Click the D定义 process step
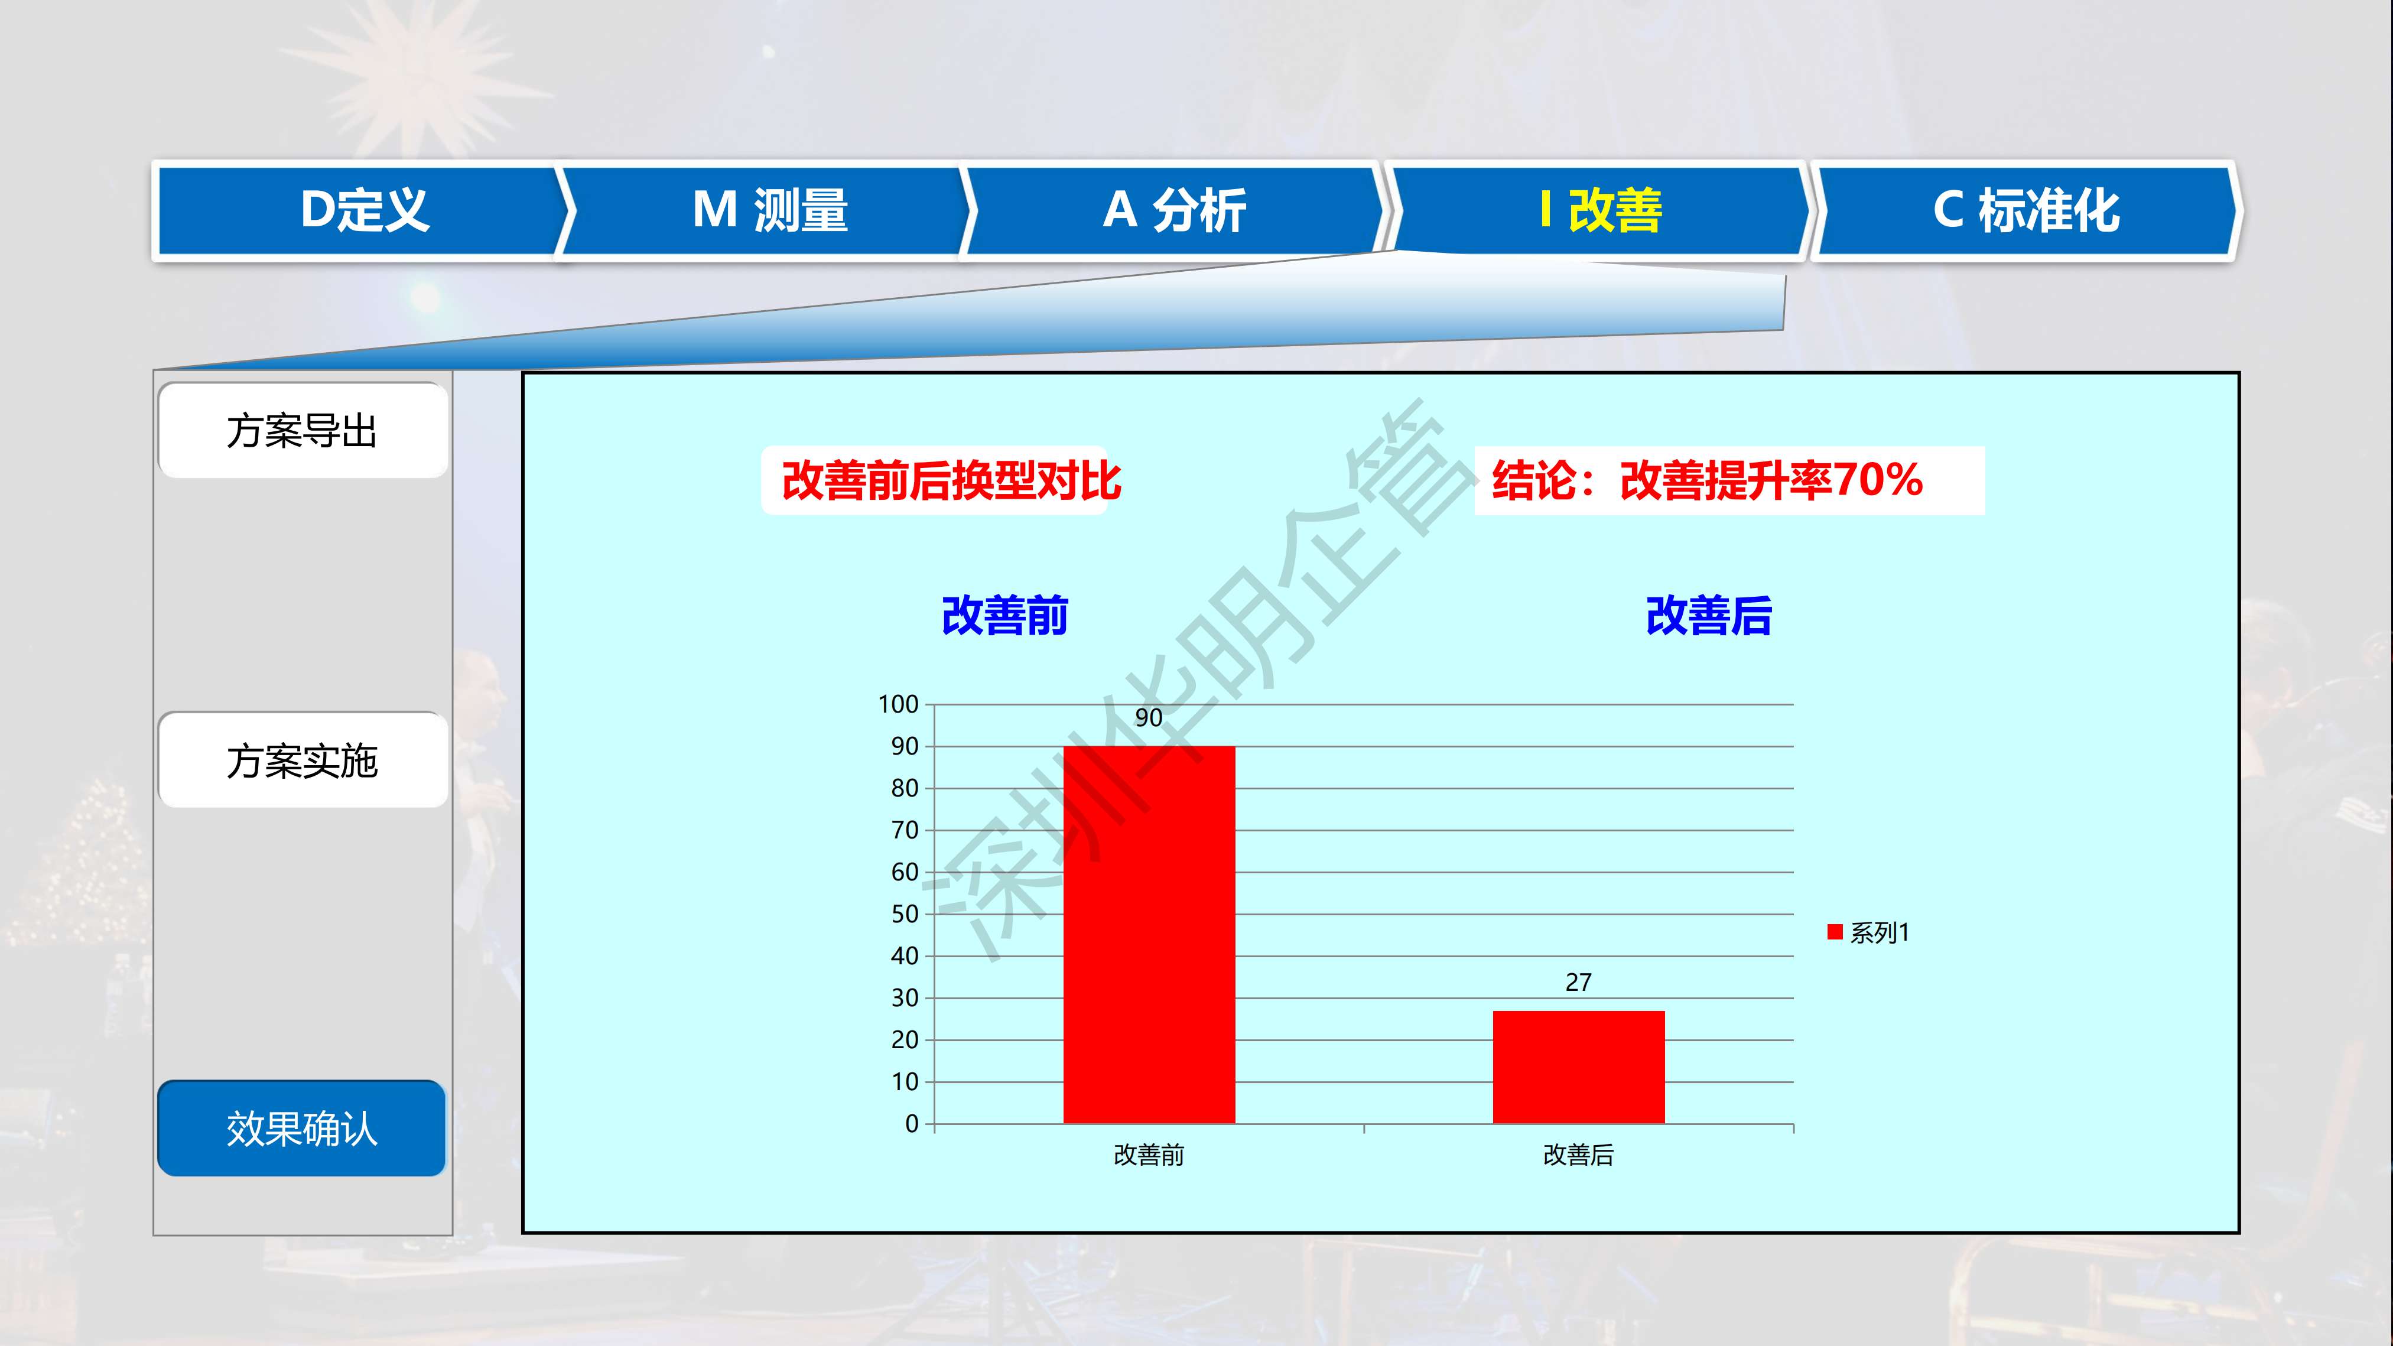coord(362,210)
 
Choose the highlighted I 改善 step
coord(1599,210)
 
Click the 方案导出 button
coord(303,431)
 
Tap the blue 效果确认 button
coord(302,1129)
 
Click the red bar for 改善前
coord(1149,935)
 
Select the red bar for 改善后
coord(1578,1067)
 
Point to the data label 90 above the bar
coord(1149,718)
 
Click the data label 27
coord(1578,982)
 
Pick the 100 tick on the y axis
coord(898,704)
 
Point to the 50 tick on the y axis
coord(905,914)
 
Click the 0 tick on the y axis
coord(912,1124)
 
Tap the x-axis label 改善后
coord(1578,1155)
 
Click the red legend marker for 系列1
coord(1835,932)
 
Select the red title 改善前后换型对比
coord(951,481)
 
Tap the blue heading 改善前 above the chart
coord(1005,616)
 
